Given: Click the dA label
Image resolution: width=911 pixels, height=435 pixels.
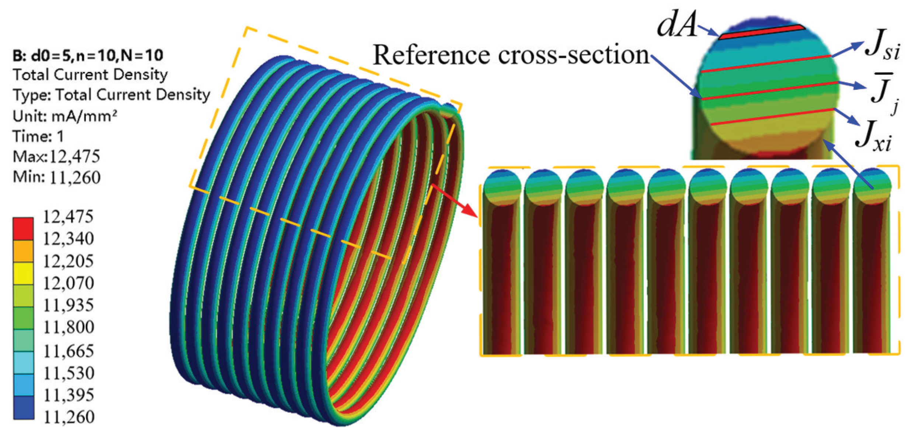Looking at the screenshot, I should tap(677, 27).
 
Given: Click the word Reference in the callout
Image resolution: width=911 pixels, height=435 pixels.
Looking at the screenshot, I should tap(431, 55).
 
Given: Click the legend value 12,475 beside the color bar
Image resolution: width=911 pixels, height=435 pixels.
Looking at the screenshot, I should tap(68, 217).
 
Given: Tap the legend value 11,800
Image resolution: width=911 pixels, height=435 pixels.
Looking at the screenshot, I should tap(69, 327).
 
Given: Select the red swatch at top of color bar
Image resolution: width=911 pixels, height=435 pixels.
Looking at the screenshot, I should tap(23, 228).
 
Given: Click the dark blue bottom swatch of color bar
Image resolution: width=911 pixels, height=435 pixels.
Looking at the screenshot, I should tap(24, 407).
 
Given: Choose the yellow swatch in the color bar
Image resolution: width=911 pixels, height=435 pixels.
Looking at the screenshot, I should tap(23, 273).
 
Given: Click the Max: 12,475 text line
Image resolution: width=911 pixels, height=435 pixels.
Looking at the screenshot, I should tap(56, 157).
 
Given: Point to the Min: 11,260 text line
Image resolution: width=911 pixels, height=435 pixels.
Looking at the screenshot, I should tap(56, 178).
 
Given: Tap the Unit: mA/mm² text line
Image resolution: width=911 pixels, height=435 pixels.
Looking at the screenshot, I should tap(65, 116).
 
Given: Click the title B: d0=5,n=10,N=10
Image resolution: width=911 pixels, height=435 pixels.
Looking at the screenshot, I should tap(88, 56).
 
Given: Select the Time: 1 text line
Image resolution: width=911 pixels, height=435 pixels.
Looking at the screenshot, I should tap(38, 137).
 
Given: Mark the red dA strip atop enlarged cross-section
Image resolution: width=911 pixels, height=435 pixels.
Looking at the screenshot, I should tap(762, 32).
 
